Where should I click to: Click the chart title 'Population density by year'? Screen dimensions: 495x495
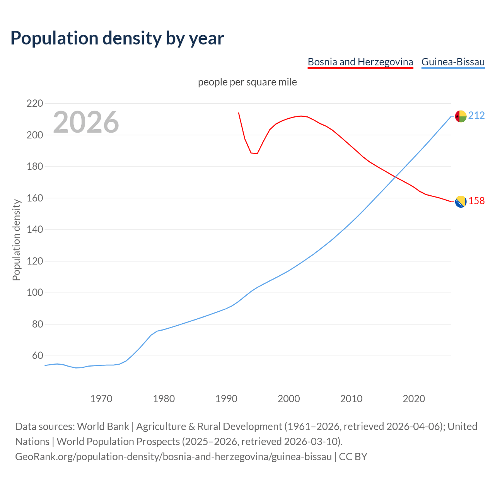pyautogui.click(x=117, y=38)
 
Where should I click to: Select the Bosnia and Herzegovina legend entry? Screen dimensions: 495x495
pyautogui.click(x=360, y=62)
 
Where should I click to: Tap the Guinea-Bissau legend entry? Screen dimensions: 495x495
pyautogui.click(x=453, y=62)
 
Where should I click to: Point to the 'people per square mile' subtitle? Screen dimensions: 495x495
pyautogui.click(x=247, y=82)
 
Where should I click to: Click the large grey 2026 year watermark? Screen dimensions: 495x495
pyautogui.click(x=86, y=122)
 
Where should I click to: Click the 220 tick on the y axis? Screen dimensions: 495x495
pyautogui.click(x=34, y=104)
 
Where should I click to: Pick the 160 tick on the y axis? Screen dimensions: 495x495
pyautogui.click(x=34, y=198)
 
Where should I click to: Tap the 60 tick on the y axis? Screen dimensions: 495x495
pyautogui.click(x=37, y=355)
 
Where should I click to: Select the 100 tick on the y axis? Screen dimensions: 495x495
pyautogui.click(x=34, y=293)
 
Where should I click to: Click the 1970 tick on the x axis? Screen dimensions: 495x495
pyautogui.click(x=101, y=398)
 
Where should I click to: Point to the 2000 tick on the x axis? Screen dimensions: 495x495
pyautogui.click(x=289, y=398)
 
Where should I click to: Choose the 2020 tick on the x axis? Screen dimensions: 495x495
pyautogui.click(x=414, y=398)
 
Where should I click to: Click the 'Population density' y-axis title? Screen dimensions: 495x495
pyautogui.click(x=16, y=240)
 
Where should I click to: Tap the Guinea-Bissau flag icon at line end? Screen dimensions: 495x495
pyautogui.click(x=461, y=116)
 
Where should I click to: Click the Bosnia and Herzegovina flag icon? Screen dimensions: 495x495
pyautogui.click(x=461, y=201)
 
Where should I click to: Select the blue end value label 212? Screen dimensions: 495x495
pyautogui.click(x=476, y=116)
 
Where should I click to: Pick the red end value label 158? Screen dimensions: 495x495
pyautogui.click(x=476, y=201)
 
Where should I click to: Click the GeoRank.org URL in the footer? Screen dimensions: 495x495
pyautogui.click(x=173, y=457)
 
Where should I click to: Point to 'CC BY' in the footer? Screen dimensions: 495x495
pyautogui.click(x=353, y=457)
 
